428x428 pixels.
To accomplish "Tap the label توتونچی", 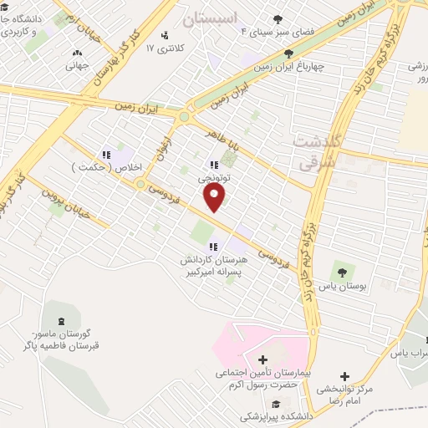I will [214, 178].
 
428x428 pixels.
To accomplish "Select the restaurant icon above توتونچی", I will [214, 166].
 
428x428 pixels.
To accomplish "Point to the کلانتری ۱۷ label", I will [163, 49].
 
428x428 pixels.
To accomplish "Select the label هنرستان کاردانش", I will [212, 260].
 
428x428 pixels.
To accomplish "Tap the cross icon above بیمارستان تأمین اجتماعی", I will [264, 359].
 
